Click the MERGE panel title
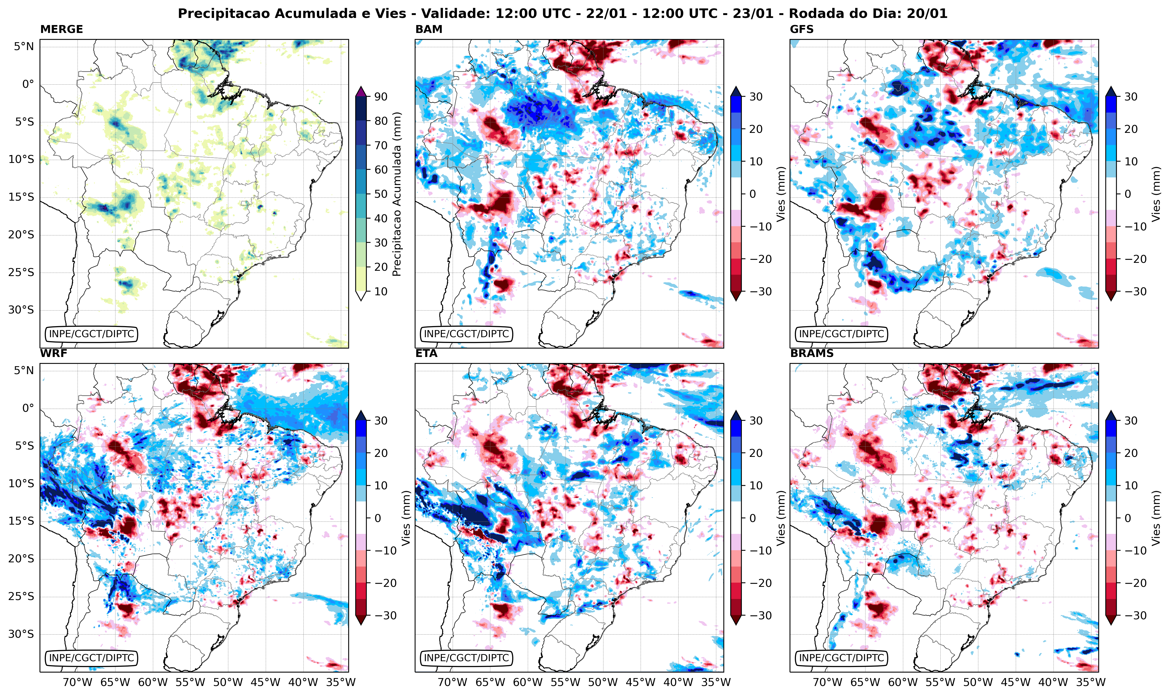click(x=61, y=29)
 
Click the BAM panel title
click(x=429, y=29)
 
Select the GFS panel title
click(x=802, y=29)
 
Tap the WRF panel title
click(x=54, y=354)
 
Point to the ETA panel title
click(x=426, y=354)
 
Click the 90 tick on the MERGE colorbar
click(x=381, y=96)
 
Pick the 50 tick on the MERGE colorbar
click(x=381, y=194)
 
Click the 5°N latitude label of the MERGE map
click(x=23, y=46)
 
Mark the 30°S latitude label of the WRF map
click(x=21, y=634)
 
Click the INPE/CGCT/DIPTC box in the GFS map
click(x=841, y=334)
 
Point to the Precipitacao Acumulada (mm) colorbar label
click(x=397, y=194)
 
